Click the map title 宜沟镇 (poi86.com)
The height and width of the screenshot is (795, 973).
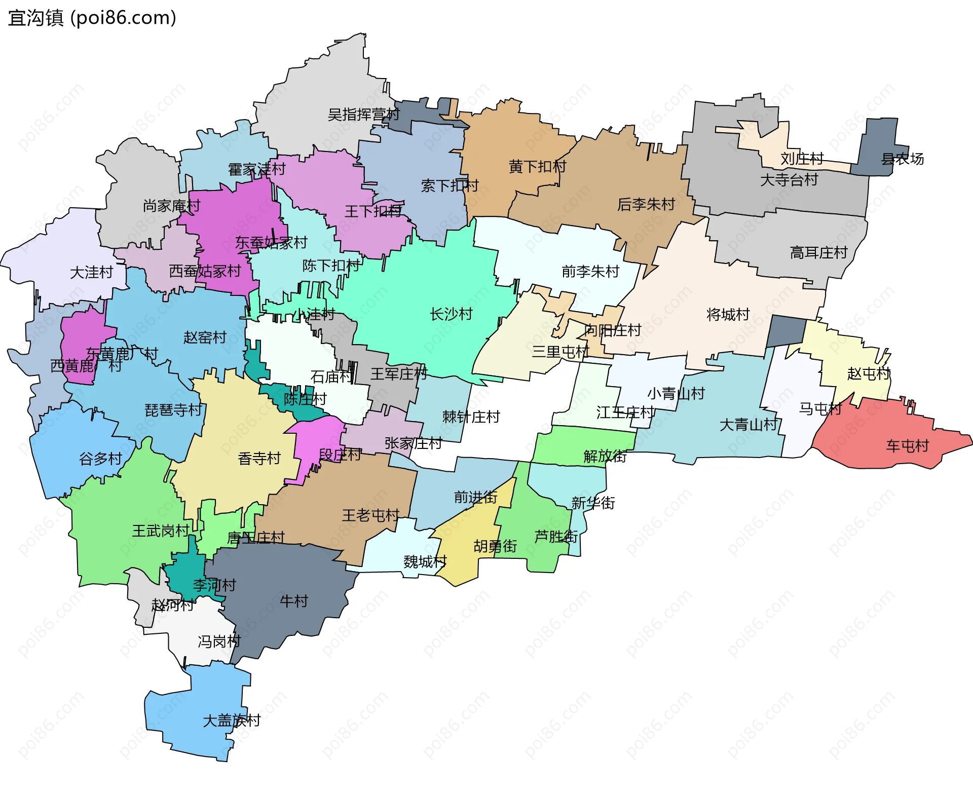[92, 18]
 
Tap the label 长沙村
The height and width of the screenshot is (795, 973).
[451, 314]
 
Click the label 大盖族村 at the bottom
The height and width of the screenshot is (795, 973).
[231, 720]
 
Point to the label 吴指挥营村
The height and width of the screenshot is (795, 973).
[363, 115]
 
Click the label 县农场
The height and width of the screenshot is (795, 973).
[902, 159]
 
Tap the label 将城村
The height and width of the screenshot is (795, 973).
[728, 315]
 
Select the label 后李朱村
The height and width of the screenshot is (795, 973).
[646, 204]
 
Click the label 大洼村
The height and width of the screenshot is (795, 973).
[91, 273]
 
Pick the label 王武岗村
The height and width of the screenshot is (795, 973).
[161, 531]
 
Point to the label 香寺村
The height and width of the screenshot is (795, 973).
[259, 459]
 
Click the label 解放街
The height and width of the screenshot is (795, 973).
[605, 456]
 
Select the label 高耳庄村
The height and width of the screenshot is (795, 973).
[818, 252]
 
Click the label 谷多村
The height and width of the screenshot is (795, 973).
[100, 459]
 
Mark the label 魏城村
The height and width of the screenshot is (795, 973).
[425, 561]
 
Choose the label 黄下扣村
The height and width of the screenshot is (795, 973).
[537, 166]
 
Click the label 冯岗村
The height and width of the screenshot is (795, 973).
[219, 641]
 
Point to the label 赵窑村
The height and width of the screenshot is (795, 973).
[205, 337]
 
